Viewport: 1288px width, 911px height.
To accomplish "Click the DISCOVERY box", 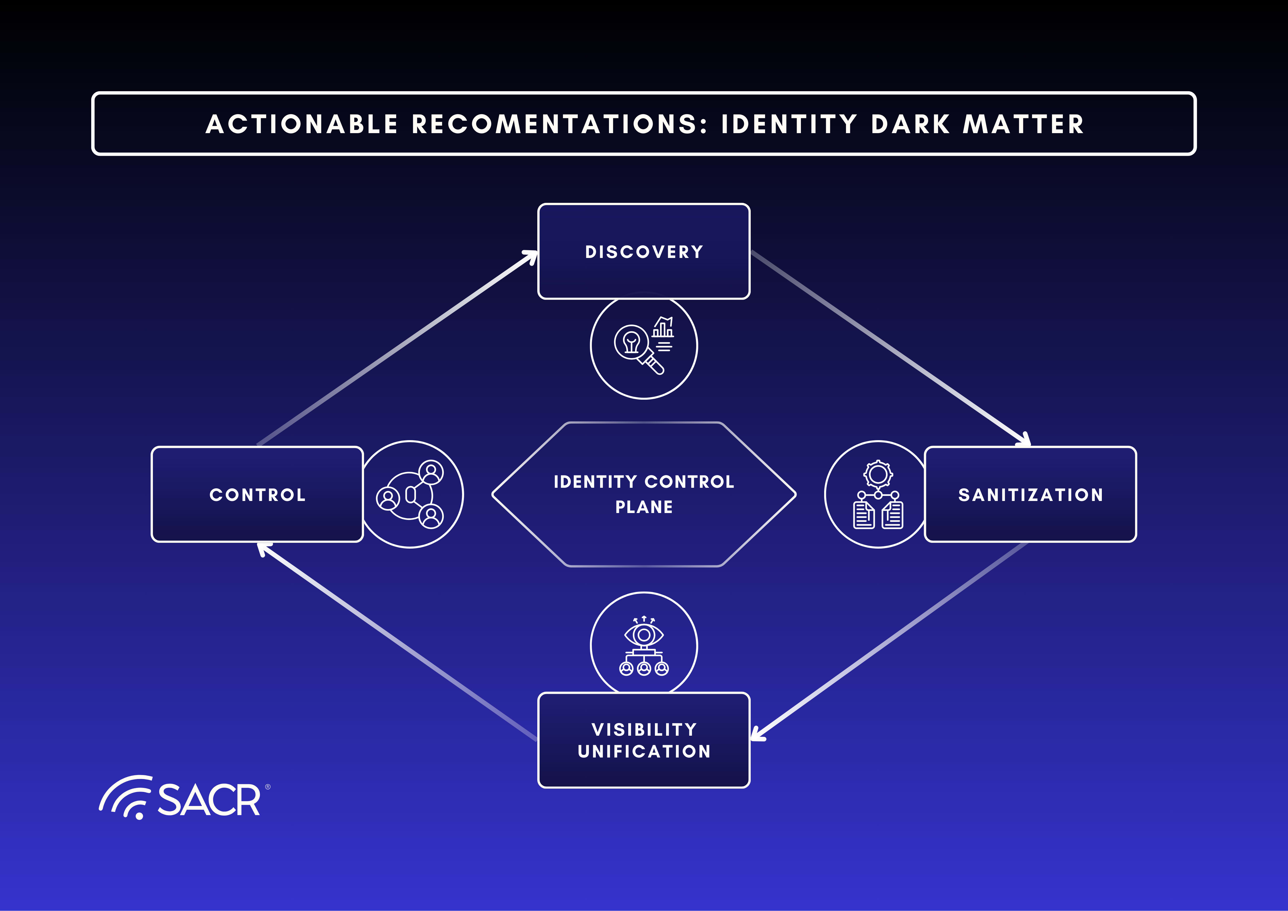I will [643, 251].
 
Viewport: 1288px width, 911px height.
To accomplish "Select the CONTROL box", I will [257, 494].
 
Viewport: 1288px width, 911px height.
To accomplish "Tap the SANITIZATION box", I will [1030, 494].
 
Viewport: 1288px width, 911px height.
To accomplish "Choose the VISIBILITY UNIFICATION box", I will [643, 740].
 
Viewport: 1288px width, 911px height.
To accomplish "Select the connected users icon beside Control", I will [410, 494].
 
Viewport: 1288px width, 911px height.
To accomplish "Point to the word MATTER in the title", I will [1023, 124].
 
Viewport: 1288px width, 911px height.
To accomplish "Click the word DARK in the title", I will [910, 124].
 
